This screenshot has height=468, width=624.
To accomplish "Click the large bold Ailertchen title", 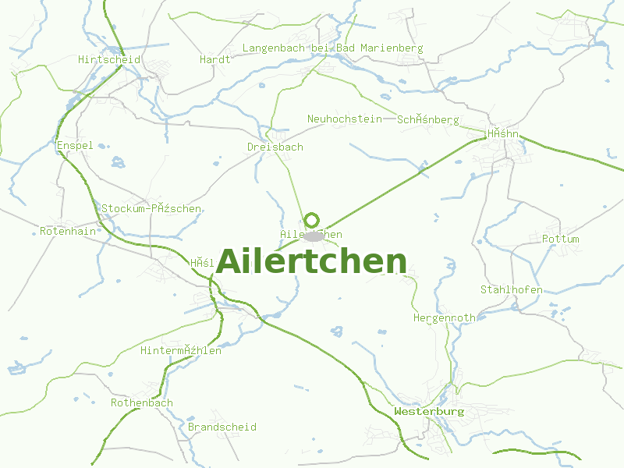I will click(311, 262).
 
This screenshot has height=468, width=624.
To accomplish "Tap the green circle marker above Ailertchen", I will click(312, 221).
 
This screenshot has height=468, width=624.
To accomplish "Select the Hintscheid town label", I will click(109, 59).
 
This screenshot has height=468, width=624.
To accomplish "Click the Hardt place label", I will click(214, 59).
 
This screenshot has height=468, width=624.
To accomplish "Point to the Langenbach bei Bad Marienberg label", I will click(332, 48).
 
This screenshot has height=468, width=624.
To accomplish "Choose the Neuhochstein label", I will click(344, 119).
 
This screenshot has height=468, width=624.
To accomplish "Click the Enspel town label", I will click(75, 146).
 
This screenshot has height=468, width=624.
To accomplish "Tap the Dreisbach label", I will click(275, 147).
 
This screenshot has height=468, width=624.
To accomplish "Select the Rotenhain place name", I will click(68, 232).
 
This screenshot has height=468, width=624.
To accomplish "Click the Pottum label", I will click(560, 239).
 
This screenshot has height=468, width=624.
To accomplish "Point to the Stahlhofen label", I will click(511, 290).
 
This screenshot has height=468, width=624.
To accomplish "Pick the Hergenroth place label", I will click(444, 318).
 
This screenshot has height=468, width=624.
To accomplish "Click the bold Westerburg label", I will click(429, 411).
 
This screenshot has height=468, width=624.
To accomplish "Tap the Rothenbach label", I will click(141, 403).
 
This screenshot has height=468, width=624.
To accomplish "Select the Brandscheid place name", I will click(222, 427).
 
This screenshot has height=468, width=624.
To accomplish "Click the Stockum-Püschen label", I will click(151, 209).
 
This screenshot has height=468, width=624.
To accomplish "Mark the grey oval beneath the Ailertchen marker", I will click(314, 236).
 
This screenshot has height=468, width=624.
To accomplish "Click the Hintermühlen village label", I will click(180, 351).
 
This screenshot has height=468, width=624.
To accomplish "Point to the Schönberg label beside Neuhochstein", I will click(428, 120).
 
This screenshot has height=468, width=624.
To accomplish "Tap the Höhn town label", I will click(503, 134).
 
